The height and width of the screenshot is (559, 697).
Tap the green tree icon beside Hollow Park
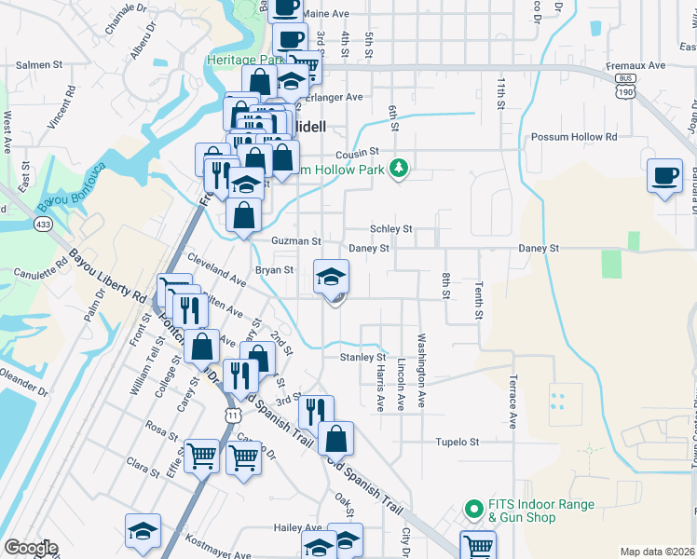400,168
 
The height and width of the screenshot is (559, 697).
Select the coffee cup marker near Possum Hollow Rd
665,177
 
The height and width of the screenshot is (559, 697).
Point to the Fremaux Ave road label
636,66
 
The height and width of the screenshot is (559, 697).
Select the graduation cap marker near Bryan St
331,278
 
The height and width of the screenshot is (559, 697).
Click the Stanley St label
362,357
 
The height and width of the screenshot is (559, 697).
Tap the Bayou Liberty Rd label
107,278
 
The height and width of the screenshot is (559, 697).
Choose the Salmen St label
38,66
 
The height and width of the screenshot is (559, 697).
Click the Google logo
31,548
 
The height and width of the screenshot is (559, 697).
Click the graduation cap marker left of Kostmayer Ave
143,533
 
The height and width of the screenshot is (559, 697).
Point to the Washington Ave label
421,370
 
